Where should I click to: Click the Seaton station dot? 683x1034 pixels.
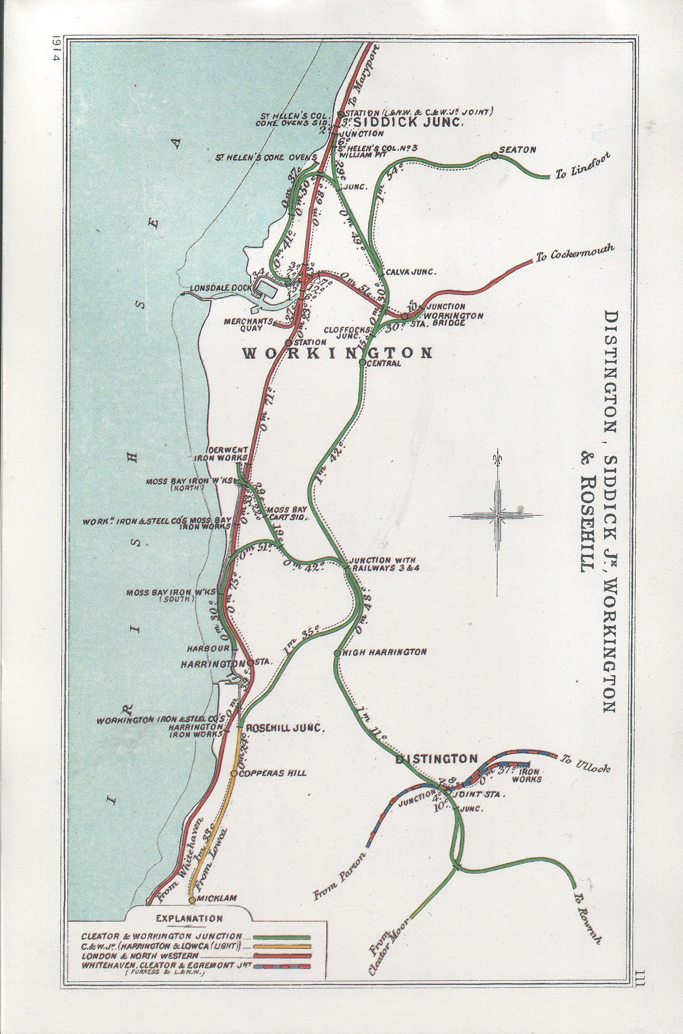[x=495, y=156]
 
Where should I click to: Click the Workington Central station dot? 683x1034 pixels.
[x=362, y=362]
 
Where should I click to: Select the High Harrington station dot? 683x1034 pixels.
[x=337, y=653]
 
